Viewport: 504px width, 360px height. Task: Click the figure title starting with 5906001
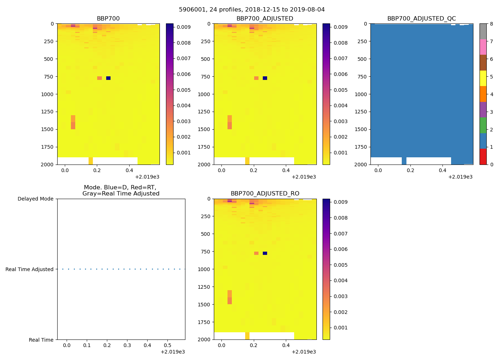(x=252, y=10)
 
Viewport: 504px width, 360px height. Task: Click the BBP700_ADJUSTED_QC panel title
(x=422, y=19)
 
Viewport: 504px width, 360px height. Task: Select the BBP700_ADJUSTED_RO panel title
(x=265, y=194)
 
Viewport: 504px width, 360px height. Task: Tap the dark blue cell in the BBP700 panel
(x=108, y=78)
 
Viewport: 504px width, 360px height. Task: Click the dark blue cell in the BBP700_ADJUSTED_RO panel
(x=265, y=253)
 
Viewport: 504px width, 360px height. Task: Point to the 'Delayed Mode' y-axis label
(x=35, y=199)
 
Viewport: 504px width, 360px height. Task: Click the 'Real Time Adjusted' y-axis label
(x=30, y=269)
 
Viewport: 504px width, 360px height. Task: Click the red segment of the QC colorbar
(x=483, y=157)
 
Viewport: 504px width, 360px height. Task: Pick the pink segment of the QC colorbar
(x=483, y=47)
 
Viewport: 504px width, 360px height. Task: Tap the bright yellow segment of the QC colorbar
(x=483, y=78)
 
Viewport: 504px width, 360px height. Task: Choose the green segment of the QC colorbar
(x=483, y=125)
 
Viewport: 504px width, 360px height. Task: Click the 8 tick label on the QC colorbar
(x=491, y=24)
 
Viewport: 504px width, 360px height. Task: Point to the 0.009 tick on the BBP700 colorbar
(x=184, y=27)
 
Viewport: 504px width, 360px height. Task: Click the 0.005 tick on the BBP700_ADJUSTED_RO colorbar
(x=340, y=265)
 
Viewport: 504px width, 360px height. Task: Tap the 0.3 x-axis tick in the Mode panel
(x=127, y=346)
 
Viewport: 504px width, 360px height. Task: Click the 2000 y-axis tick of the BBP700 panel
(x=48, y=165)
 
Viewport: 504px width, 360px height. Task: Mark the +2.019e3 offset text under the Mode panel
(x=173, y=352)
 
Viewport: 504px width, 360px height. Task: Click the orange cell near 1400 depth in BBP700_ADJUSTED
(x=230, y=122)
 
